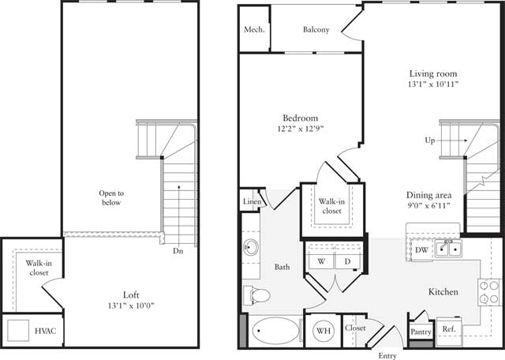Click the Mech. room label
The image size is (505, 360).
(254, 31)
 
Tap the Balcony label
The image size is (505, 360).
(316, 31)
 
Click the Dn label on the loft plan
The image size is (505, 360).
(178, 252)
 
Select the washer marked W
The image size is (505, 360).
(321, 261)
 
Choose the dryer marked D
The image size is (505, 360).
(346, 261)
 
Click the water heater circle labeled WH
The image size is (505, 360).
(324, 330)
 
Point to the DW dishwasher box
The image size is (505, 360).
(421, 250)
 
